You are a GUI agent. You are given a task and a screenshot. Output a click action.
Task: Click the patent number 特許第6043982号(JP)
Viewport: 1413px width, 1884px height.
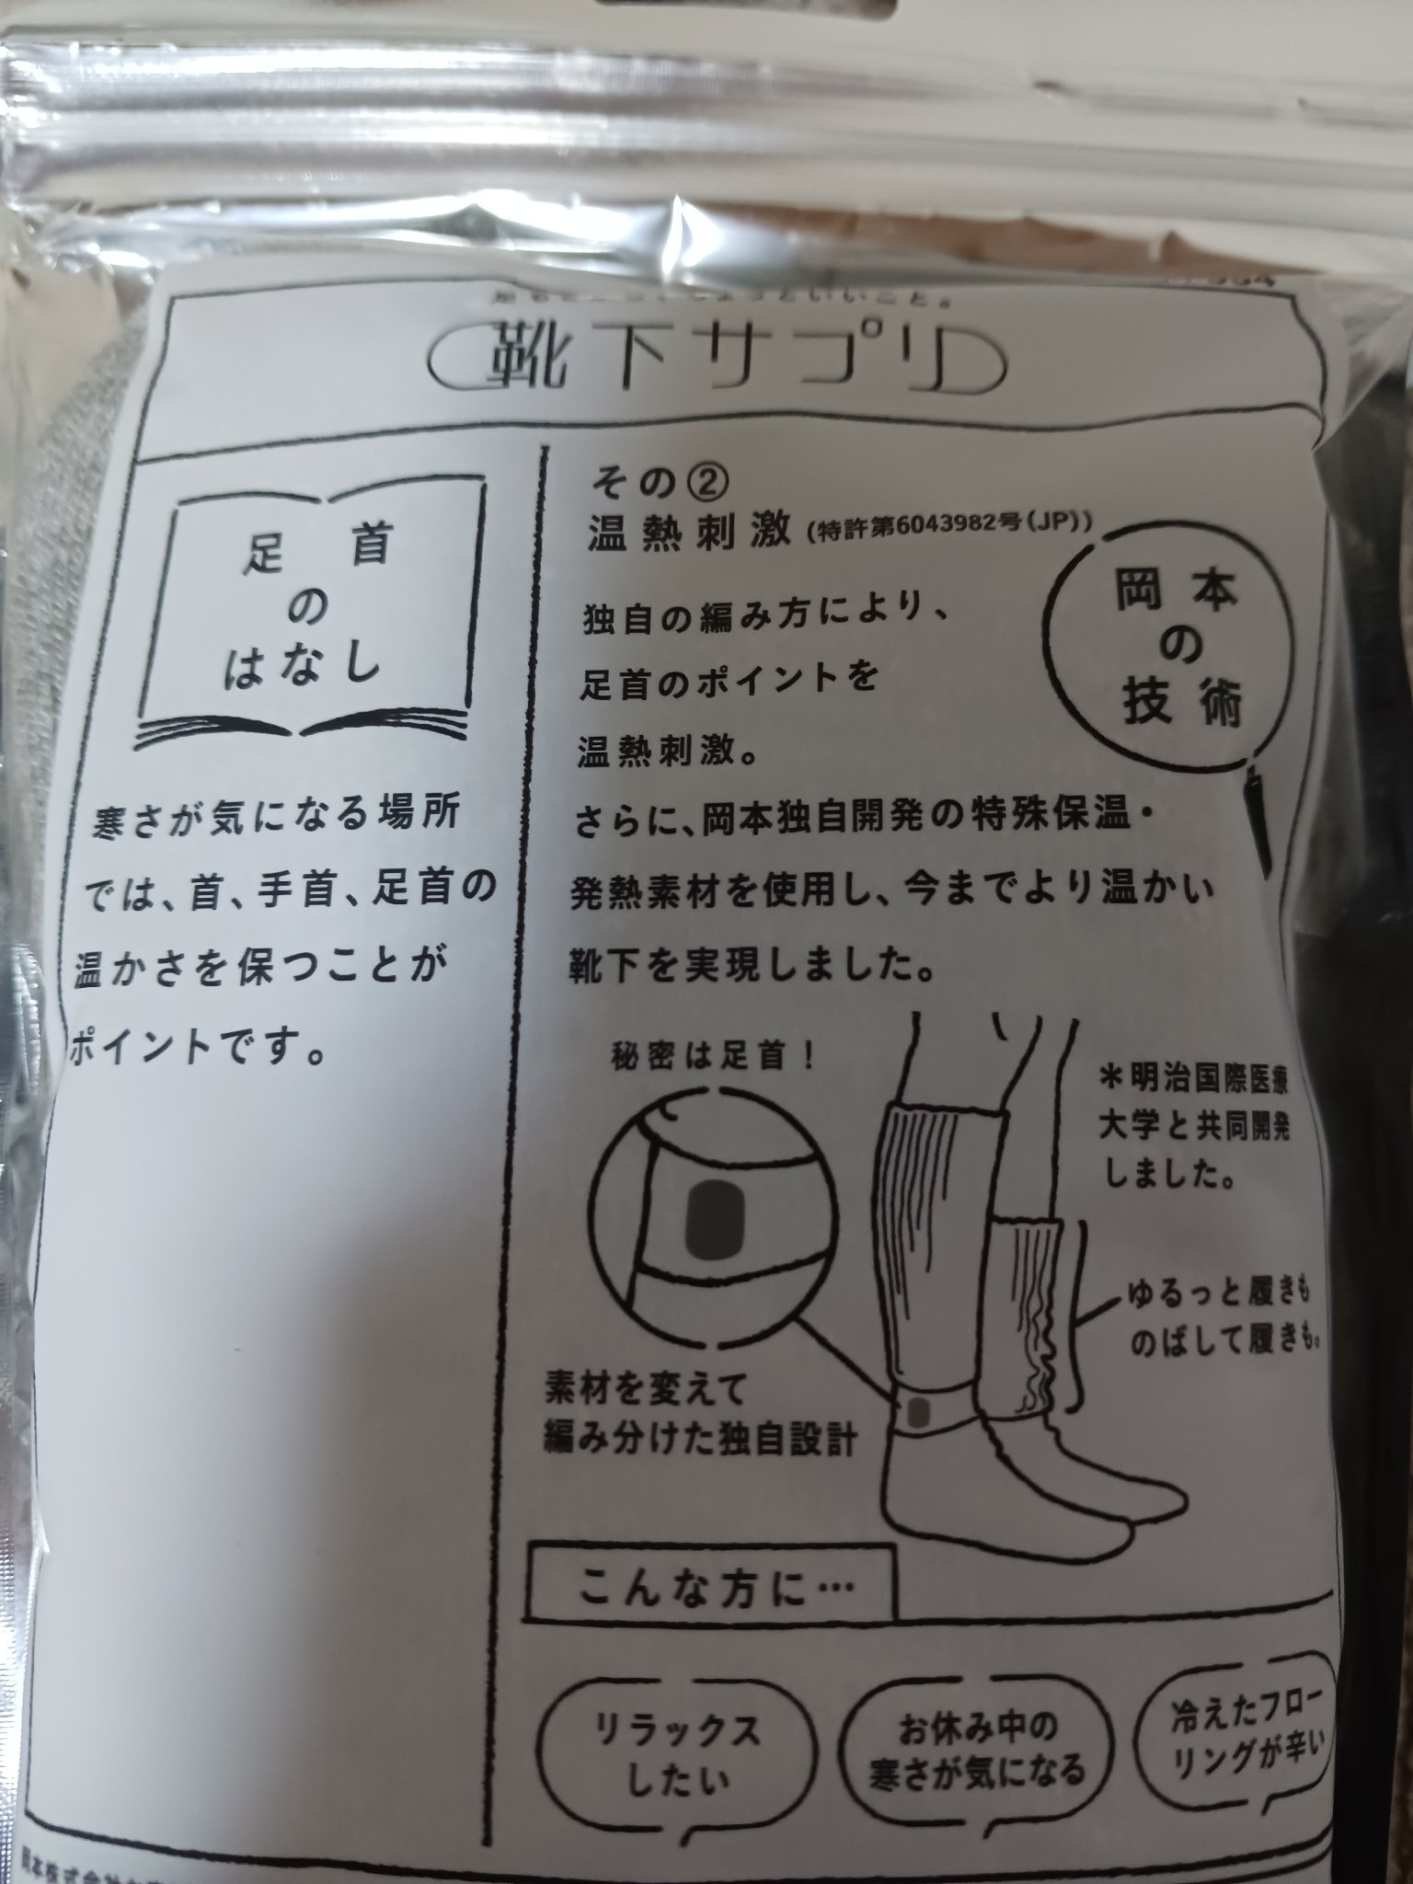948,531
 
